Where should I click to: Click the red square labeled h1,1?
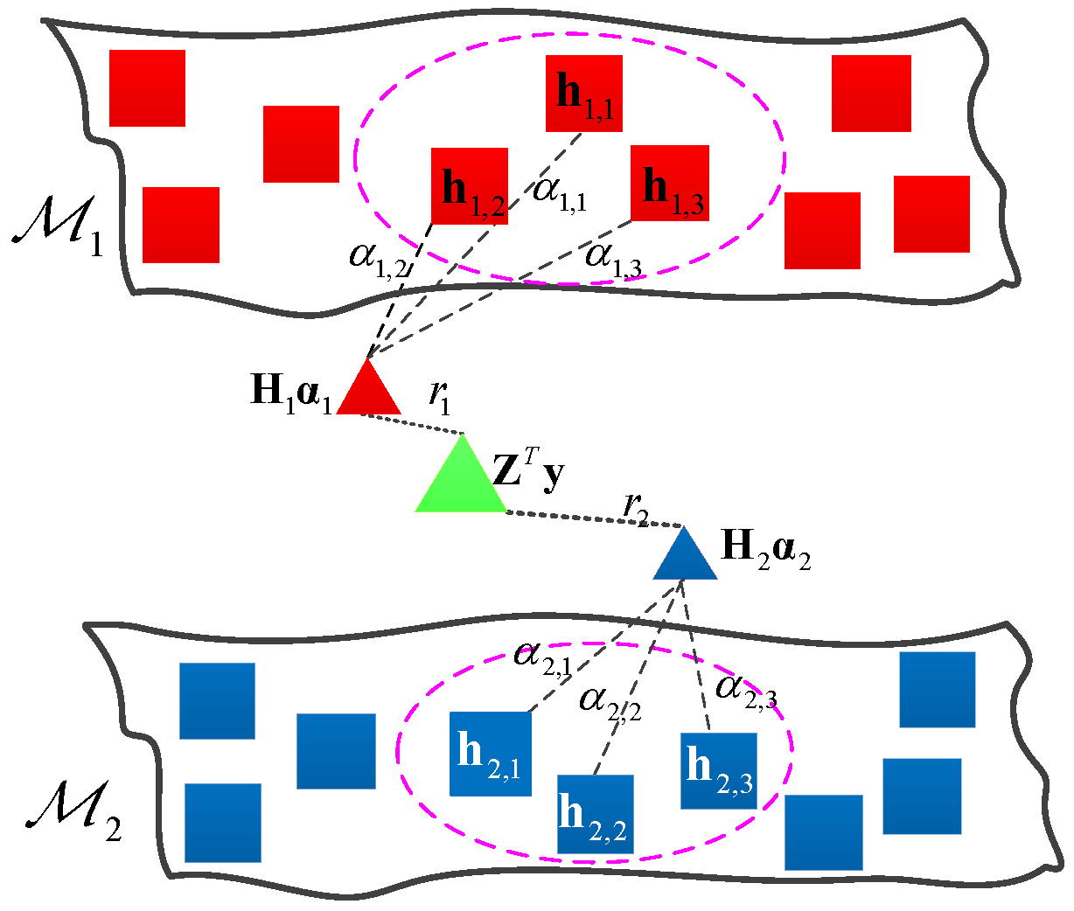(583, 93)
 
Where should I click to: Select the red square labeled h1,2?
(470, 185)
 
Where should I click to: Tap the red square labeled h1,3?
(670, 183)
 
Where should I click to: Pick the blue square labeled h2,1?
(490, 754)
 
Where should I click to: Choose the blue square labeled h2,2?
(595, 814)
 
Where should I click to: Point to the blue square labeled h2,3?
(719, 770)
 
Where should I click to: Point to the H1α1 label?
(290, 390)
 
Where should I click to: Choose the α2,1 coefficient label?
(542, 656)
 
